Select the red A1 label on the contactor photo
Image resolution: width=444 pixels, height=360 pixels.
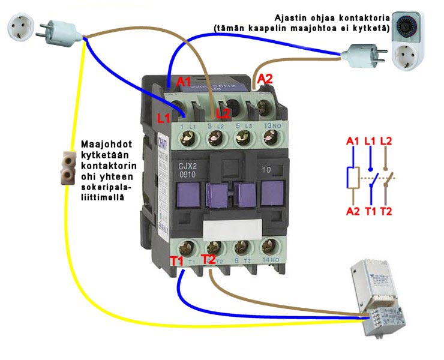pos(185,82)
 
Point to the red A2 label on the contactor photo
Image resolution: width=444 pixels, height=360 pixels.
pos(265,79)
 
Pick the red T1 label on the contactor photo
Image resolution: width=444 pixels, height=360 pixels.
pos(177,261)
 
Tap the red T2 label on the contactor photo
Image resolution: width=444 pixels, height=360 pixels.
pos(209,259)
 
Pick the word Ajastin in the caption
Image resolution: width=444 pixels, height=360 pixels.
pos(290,17)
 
